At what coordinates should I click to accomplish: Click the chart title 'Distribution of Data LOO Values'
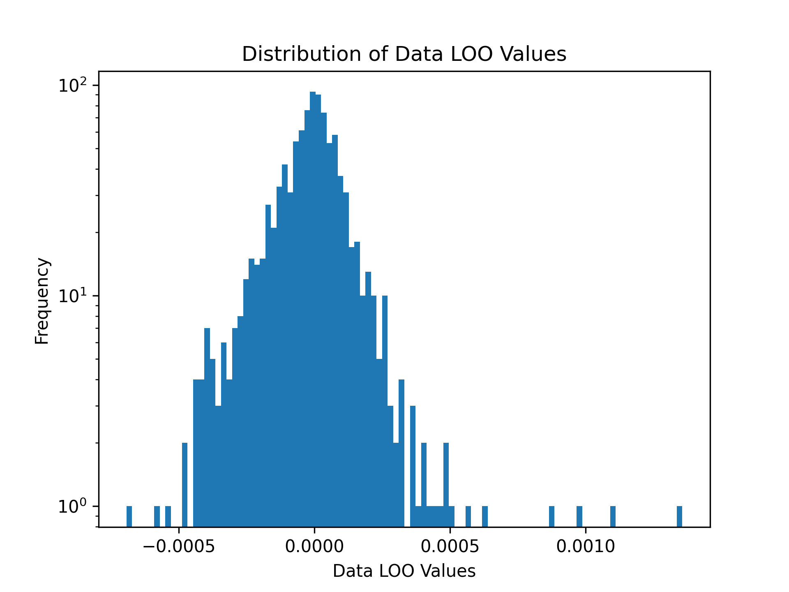coord(404,54)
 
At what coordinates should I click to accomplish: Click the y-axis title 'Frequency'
coord(42,301)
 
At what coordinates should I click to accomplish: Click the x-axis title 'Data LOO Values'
coord(404,571)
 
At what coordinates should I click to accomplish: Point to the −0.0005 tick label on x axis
coord(179,546)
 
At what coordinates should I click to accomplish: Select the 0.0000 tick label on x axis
coord(314,546)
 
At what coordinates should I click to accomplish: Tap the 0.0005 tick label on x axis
coord(450,546)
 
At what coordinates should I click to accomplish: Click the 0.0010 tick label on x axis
coord(585,546)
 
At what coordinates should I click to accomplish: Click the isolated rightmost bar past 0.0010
coord(679,516)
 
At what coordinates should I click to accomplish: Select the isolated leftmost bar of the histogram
coord(129,516)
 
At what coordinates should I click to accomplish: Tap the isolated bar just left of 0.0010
coord(579,516)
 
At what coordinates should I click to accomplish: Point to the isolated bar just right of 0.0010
coord(613,516)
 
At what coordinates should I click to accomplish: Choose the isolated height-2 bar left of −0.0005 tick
coord(185,485)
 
